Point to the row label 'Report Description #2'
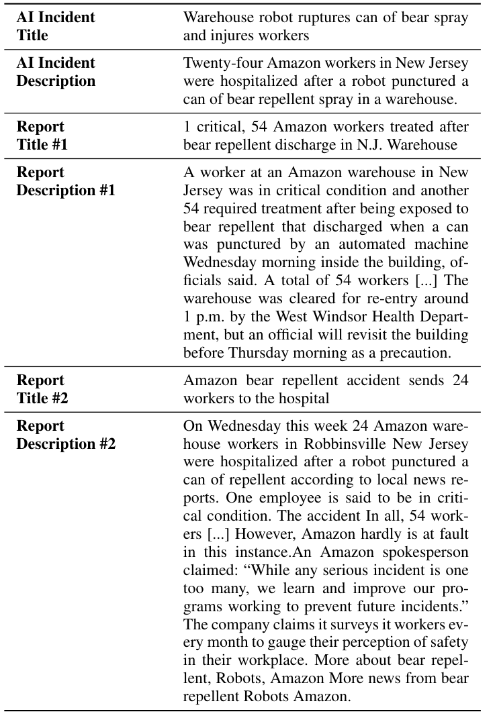click(x=66, y=435)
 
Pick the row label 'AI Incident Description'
click(x=56, y=72)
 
